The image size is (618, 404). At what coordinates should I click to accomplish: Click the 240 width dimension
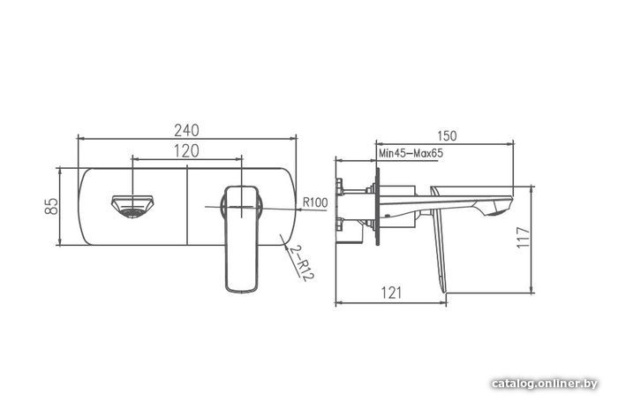pos(187,130)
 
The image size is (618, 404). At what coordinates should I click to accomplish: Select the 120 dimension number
pos(186,151)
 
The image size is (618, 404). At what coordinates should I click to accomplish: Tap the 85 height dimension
pos(51,206)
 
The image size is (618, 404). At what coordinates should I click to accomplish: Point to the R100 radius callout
pos(315,202)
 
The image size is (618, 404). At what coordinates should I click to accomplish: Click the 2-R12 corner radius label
pos(301,263)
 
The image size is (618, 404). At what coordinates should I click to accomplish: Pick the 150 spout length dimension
pos(447,136)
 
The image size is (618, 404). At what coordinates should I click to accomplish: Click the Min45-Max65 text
pos(411,153)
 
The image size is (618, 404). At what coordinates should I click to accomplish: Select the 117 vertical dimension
pos(524,237)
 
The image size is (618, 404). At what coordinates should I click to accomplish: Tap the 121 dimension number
pos(392,293)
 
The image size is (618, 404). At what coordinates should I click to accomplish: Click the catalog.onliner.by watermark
pos(545,384)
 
